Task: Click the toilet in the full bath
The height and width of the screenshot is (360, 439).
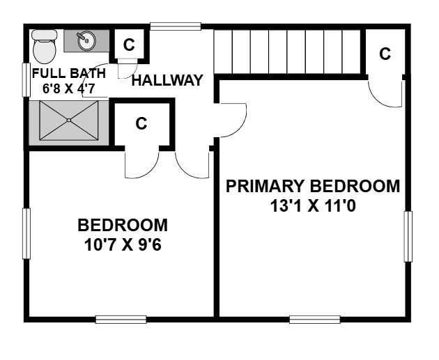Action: [44, 47]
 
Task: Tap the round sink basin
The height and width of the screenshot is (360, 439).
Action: [86, 41]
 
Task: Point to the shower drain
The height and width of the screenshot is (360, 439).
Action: [69, 120]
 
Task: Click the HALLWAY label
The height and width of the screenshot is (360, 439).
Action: [167, 80]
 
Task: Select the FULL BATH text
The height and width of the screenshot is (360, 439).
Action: [69, 73]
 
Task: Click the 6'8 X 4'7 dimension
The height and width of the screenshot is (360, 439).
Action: [69, 88]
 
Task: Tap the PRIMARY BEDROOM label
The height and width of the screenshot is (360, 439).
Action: [313, 187]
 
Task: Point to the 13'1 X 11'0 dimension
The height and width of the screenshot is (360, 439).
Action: [313, 206]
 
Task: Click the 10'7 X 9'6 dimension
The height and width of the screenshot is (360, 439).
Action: [123, 245]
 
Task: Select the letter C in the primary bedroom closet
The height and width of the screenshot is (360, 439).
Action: [385, 54]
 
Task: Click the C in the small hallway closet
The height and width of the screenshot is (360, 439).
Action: [129, 45]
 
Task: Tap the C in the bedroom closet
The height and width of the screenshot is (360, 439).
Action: [141, 123]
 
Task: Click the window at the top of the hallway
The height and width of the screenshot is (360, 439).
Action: [176, 26]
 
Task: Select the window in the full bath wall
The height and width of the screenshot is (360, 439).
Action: [26, 80]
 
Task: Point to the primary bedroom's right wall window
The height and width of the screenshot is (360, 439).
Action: [408, 237]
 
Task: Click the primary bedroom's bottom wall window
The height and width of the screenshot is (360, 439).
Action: [315, 320]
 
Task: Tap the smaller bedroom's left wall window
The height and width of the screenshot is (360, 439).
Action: [26, 233]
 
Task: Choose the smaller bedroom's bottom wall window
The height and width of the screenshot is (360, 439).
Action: [121, 320]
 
